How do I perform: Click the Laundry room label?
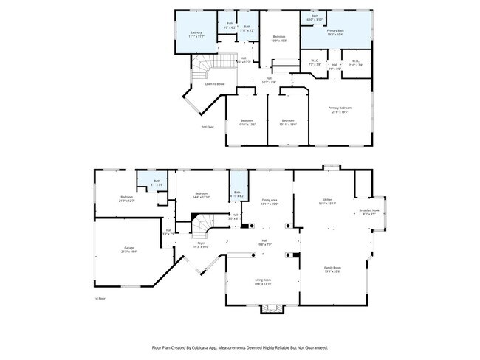pyautogui.click(x=196, y=32)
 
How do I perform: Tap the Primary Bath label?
pyautogui.click(x=335, y=31)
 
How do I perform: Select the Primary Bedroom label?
pyautogui.click(x=340, y=108)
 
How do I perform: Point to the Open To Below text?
pyautogui.click(x=216, y=83)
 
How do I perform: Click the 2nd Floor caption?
pyautogui.click(x=208, y=127)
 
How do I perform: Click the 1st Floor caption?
pyautogui.click(x=100, y=298)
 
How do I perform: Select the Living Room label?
pyautogui.click(x=264, y=280)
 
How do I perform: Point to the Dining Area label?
pyautogui.click(x=270, y=200)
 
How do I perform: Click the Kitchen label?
pyautogui.click(x=327, y=200)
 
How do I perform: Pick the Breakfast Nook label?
pyautogui.click(x=369, y=210)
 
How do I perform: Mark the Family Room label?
pyautogui.click(x=333, y=268)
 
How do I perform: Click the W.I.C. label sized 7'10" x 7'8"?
pyautogui.click(x=356, y=62)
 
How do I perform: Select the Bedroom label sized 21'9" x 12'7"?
pyautogui.click(x=127, y=197)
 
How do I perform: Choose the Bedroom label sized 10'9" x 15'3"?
pyautogui.click(x=278, y=37)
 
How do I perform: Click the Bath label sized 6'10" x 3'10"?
pyautogui.click(x=315, y=15)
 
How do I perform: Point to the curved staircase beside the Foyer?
pyautogui.click(x=202, y=224)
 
